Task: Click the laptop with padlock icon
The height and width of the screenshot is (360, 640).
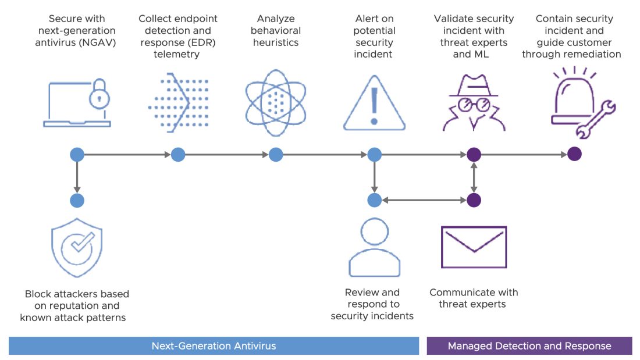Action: coord(77,104)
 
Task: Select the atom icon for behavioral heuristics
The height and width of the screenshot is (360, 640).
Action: coord(275,102)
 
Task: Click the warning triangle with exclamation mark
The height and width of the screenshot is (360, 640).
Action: coord(374,104)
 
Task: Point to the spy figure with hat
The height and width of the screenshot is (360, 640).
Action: coord(474,104)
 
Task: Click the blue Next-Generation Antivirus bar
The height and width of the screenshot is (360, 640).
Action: coord(214,346)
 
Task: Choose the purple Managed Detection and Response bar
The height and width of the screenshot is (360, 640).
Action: coord(529,346)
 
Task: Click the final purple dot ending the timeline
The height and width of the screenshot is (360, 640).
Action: coord(574,155)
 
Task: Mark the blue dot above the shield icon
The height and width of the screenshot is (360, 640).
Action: coord(77,201)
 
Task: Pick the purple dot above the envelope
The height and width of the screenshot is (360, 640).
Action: coord(474,201)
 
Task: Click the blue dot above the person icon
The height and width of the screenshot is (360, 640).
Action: coord(374,201)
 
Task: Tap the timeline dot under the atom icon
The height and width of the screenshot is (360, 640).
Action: coord(276,155)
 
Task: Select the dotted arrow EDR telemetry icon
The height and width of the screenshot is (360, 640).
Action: coord(177,102)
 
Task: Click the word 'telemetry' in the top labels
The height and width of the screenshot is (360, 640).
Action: coord(177,55)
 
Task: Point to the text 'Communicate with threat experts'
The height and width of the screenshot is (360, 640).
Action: coord(474,298)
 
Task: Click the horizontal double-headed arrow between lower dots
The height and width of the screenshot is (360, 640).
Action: coord(424,201)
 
